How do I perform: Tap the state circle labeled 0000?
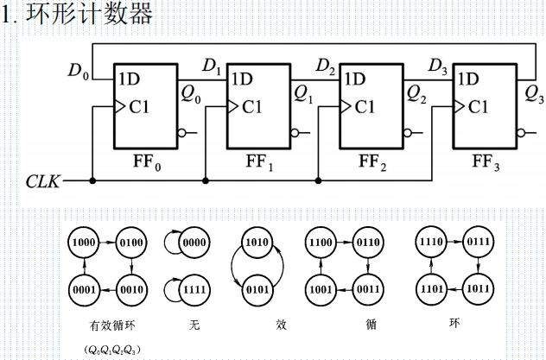[194, 244]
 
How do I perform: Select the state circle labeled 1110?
[431, 244]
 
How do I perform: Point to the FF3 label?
[485, 161]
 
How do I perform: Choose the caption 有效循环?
[108, 328]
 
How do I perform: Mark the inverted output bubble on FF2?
[407, 133]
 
